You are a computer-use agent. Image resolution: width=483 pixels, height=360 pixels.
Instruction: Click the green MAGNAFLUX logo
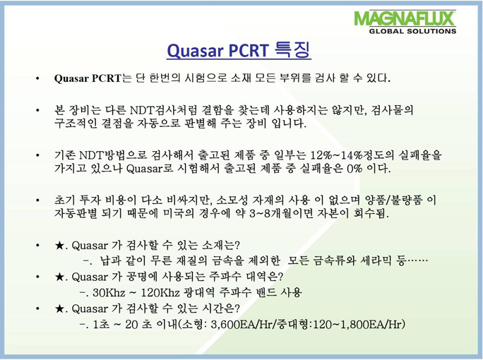tap(405, 18)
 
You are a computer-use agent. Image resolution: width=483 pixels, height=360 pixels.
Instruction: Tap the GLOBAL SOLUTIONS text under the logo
tap(412, 31)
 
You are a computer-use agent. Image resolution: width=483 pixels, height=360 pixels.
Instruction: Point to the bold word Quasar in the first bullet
tap(71, 78)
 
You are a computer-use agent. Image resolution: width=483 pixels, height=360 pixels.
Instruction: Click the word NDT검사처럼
tap(163, 110)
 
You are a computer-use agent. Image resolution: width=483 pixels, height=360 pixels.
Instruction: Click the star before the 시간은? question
tap(59, 308)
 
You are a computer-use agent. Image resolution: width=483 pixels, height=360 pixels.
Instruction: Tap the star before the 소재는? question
tap(59, 246)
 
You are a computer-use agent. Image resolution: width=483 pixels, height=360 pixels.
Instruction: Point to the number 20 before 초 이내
tap(131, 324)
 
